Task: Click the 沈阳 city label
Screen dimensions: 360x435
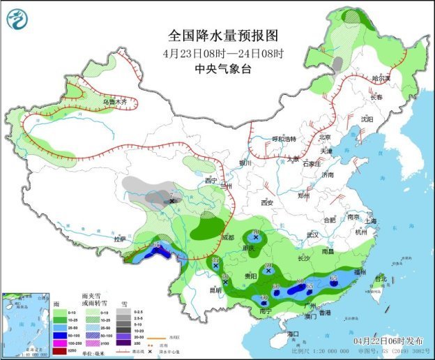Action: pyautogui.click(x=367, y=119)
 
